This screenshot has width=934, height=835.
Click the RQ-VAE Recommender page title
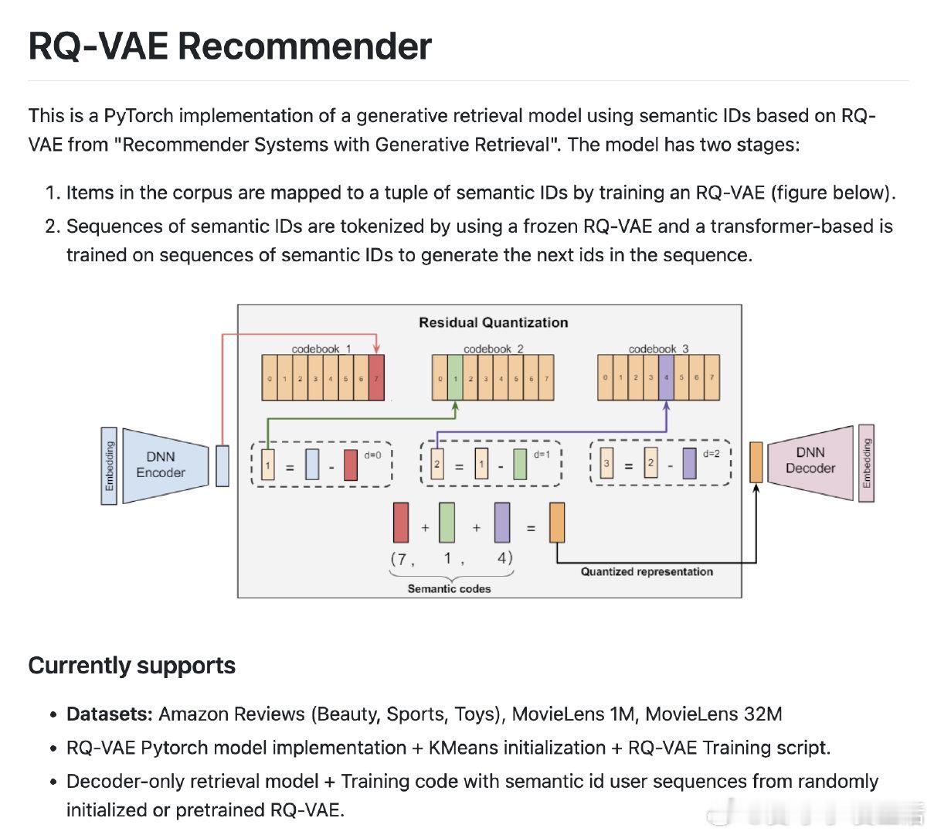pyautogui.click(x=229, y=46)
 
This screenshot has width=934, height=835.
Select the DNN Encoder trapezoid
pyautogui.click(x=165, y=465)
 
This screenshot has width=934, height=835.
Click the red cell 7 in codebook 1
pyautogui.click(x=376, y=378)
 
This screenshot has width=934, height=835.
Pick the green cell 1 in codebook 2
pyautogui.click(x=455, y=378)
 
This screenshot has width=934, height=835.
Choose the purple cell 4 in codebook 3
pyautogui.click(x=666, y=377)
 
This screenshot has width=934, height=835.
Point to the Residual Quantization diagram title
pyautogui.click(x=493, y=322)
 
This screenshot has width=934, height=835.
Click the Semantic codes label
pyautogui.click(x=449, y=588)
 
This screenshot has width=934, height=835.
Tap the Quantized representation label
pyautogui.click(x=647, y=571)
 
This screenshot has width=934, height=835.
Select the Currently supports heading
pyautogui.click(x=132, y=666)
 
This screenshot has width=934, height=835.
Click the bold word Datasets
pyautogui.click(x=110, y=714)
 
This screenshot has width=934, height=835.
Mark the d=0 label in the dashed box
pyautogui.click(x=372, y=455)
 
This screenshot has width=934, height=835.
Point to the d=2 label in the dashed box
pyautogui.click(x=712, y=453)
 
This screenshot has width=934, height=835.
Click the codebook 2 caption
pyautogui.click(x=493, y=349)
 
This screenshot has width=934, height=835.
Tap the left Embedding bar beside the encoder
pyautogui.click(x=109, y=465)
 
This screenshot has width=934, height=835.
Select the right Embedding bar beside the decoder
pyautogui.click(x=867, y=462)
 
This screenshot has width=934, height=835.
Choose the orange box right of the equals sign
pyautogui.click(x=557, y=523)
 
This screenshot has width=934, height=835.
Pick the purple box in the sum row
pyautogui.click(x=502, y=523)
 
